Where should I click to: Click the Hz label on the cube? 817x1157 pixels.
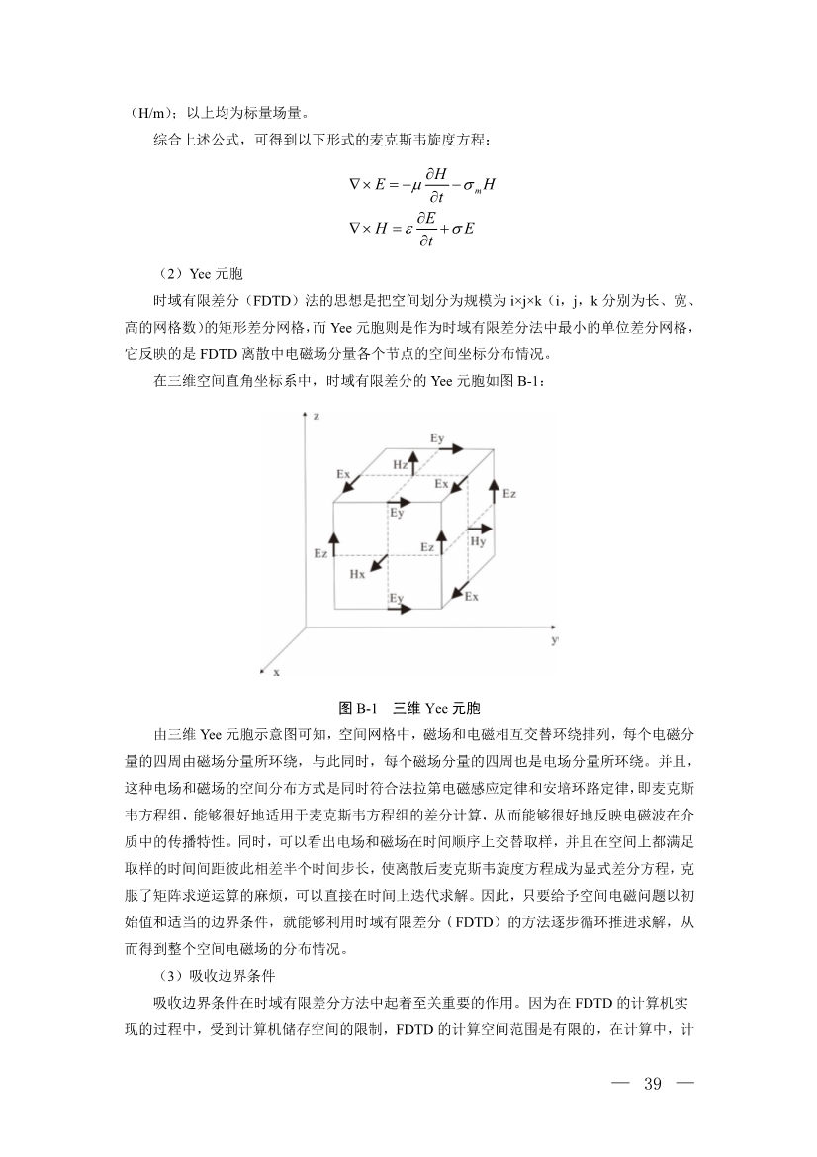tap(400, 464)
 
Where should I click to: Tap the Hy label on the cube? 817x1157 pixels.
tap(478, 541)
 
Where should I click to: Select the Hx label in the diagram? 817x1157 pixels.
tap(357, 573)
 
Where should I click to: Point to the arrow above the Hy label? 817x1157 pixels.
tap(476, 525)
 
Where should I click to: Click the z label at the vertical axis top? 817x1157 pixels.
tap(316, 418)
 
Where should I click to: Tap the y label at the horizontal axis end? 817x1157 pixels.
tap(554, 640)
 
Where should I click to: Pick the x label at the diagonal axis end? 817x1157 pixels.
tap(277, 672)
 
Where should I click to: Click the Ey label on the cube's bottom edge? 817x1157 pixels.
tap(396, 598)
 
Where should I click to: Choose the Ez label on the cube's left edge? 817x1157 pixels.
tap(320, 553)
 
